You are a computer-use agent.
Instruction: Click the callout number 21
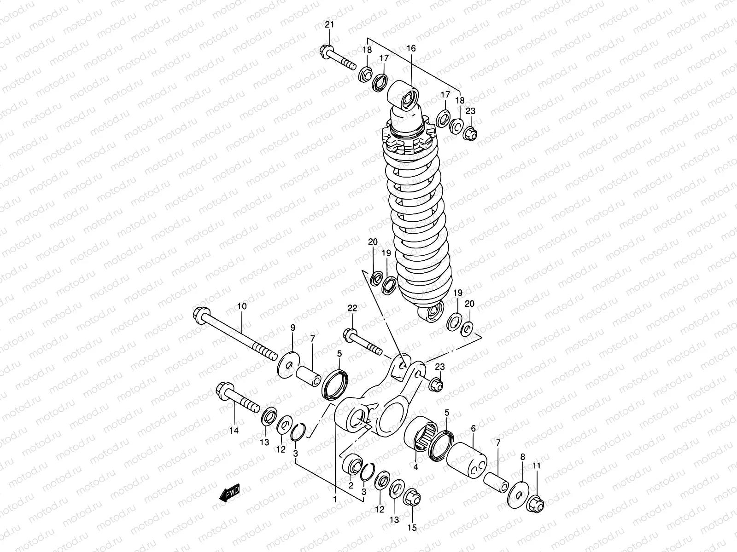(329, 25)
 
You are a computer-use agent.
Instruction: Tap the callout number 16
(411, 48)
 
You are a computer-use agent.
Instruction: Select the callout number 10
(242, 306)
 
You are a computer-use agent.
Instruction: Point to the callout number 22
(352, 308)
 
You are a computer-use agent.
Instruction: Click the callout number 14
(234, 431)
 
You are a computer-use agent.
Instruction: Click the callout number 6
(474, 428)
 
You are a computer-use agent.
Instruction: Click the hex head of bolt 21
(324, 50)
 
